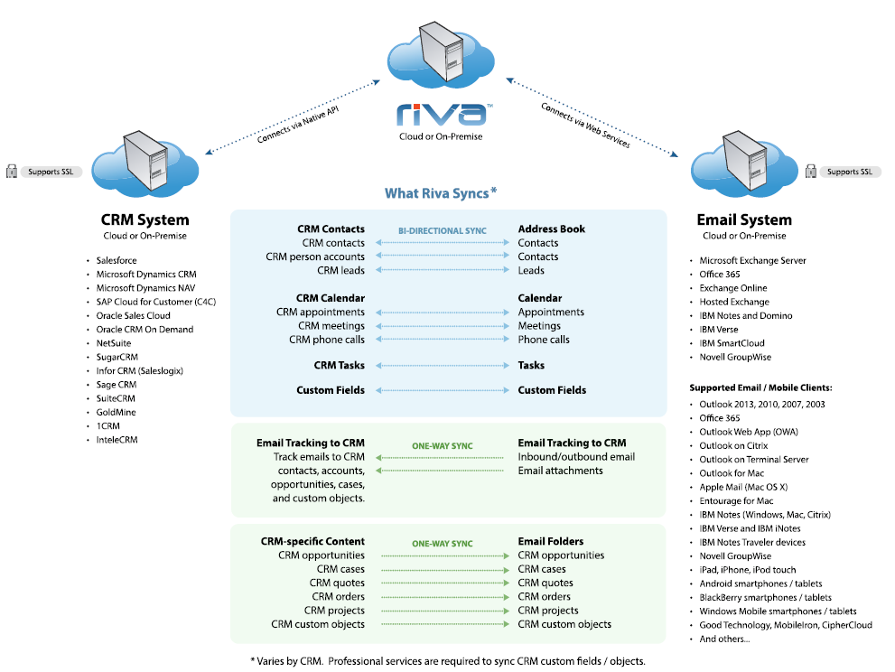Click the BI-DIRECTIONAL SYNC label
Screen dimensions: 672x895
point(443,231)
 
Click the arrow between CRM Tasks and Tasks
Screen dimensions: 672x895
point(442,366)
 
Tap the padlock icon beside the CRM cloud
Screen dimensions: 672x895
point(13,171)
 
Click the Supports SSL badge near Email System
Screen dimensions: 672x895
point(848,171)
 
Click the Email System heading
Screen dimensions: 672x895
point(744,219)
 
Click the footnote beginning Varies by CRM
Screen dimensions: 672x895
point(448,660)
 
